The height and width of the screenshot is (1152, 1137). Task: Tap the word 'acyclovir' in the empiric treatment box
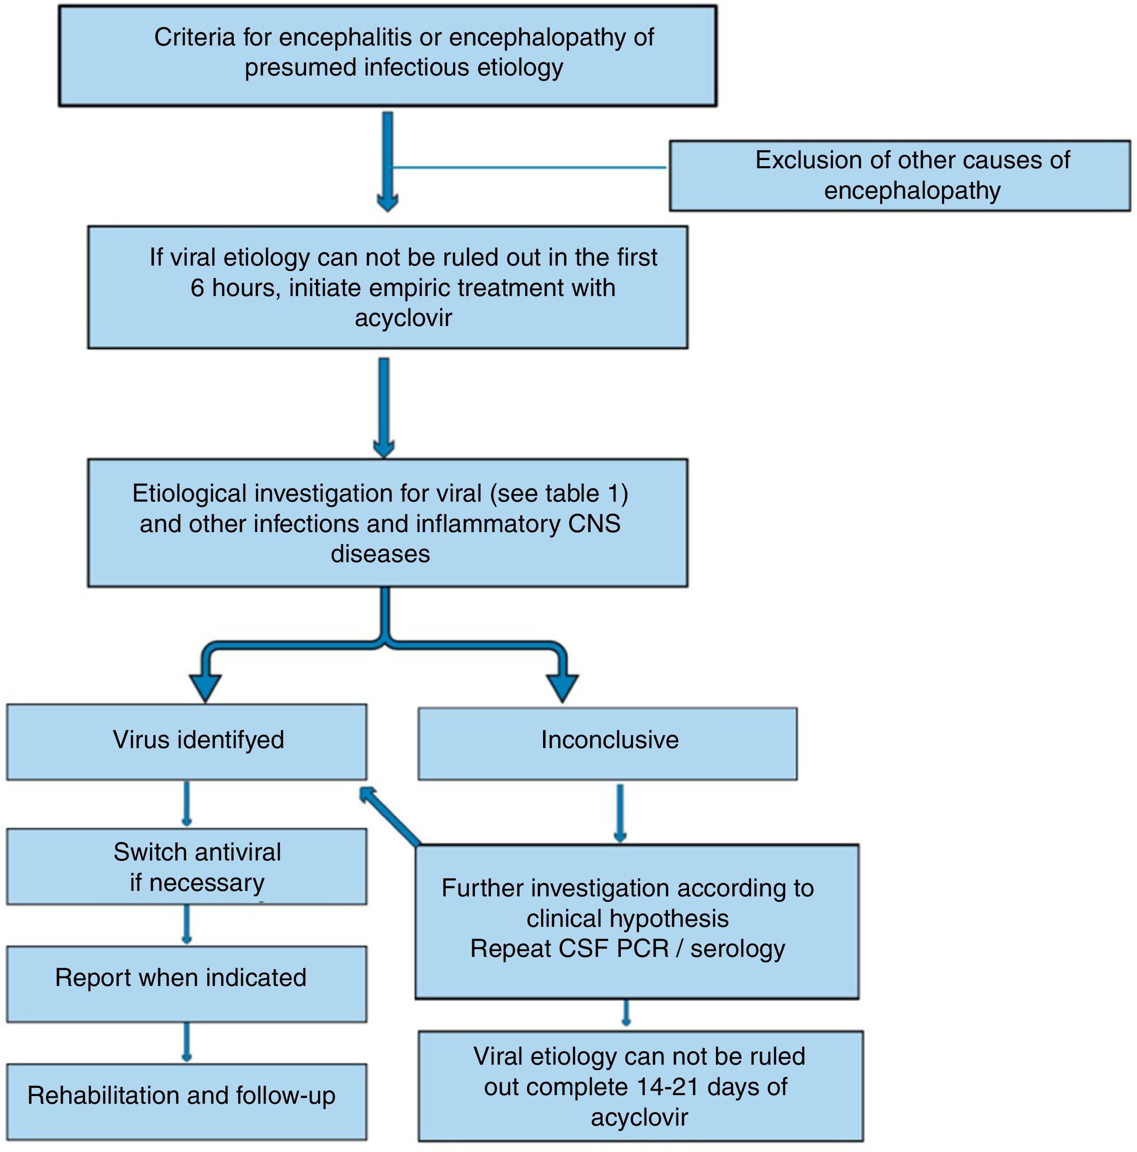click(x=403, y=318)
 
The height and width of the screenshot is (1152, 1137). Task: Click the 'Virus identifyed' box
click(x=186, y=741)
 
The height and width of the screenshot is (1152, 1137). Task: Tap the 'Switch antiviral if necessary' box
click(x=186, y=866)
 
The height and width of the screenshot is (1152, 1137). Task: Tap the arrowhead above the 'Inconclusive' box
click(x=562, y=687)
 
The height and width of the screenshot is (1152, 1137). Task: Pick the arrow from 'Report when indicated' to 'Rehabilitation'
click(x=186, y=1041)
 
